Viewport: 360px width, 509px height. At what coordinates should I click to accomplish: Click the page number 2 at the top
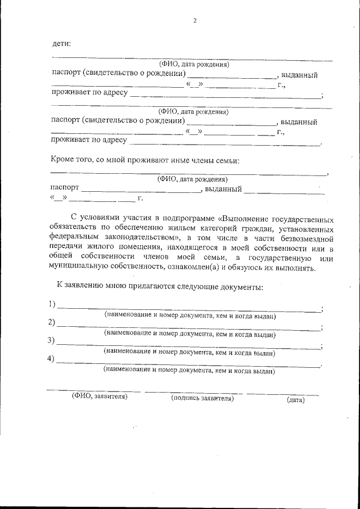[x=195, y=21]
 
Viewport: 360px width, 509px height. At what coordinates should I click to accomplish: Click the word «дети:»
[x=61, y=43]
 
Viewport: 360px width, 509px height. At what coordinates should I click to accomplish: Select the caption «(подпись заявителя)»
[x=202, y=398]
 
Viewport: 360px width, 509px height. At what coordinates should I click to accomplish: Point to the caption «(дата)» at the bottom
[x=295, y=400]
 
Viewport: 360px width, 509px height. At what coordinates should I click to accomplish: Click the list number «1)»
[x=52, y=305]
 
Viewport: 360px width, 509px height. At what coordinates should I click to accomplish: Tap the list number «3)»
[x=52, y=340]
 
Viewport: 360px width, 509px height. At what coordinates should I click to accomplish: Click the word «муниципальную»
[x=79, y=268]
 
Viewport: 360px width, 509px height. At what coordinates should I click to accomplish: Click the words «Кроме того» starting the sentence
[x=70, y=160]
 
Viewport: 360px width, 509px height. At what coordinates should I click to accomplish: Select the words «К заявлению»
[x=77, y=287]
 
